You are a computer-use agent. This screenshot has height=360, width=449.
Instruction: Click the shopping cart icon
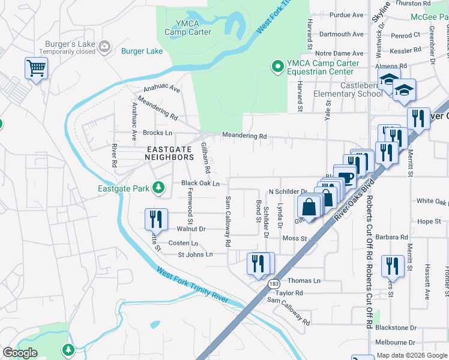tap(36, 68)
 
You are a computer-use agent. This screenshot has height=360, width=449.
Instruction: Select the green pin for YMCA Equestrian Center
tap(277, 67)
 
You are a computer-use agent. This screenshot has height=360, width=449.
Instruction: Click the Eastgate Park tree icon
tap(158, 188)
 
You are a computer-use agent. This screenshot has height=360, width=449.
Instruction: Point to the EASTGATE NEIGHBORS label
tap(169, 152)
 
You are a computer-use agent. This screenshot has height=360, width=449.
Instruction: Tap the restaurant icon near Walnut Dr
tap(155, 217)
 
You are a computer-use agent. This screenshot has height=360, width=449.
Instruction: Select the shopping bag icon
tap(309, 207)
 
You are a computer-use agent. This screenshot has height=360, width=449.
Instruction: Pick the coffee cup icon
tap(346, 176)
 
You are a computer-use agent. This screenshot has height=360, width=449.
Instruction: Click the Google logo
tap(20, 353)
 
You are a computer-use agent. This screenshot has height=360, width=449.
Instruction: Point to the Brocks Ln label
tap(158, 133)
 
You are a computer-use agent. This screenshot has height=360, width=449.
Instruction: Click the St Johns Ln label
tap(195, 254)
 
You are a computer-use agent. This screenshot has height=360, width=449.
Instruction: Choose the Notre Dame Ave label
tap(340, 53)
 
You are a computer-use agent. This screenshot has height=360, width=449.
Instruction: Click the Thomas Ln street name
tap(304, 281)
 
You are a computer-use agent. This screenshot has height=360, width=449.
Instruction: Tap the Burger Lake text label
tap(142, 51)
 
